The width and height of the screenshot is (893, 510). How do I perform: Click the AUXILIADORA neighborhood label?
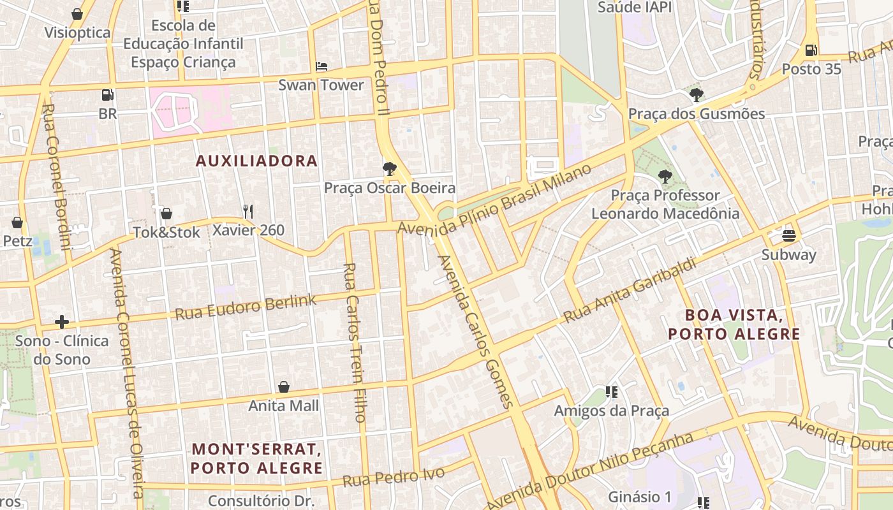[x=256, y=161]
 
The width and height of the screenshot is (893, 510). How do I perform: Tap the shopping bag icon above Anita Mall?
[x=284, y=387]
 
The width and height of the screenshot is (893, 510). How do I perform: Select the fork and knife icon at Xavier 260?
[x=248, y=212]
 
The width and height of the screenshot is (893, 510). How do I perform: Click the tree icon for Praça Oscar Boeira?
[x=389, y=169]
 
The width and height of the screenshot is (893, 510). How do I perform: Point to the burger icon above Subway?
[x=789, y=236]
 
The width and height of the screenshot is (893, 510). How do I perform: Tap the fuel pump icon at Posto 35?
[x=811, y=50]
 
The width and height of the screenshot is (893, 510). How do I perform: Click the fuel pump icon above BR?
[x=108, y=96]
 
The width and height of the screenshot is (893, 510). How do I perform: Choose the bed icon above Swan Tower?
[x=321, y=66]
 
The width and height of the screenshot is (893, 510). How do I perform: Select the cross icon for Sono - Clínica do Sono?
[x=62, y=322]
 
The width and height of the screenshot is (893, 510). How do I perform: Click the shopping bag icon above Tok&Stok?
[x=166, y=214]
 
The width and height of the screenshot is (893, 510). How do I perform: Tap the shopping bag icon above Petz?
[x=17, y=222]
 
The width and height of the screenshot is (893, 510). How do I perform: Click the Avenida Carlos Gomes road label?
[x=475, y=331]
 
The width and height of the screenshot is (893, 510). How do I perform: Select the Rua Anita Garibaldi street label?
[x=630, y=290]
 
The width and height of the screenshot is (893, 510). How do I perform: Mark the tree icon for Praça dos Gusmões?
[x=696, y=95]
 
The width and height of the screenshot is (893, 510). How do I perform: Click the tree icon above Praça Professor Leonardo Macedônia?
[x=665, y=177]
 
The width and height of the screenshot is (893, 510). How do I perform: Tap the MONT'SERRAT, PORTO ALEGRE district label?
[x=256, y=458]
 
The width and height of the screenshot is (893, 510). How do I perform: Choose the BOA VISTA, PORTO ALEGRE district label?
[x=734, y=324]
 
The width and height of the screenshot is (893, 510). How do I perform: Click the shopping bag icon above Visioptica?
[x=77, y=14]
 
